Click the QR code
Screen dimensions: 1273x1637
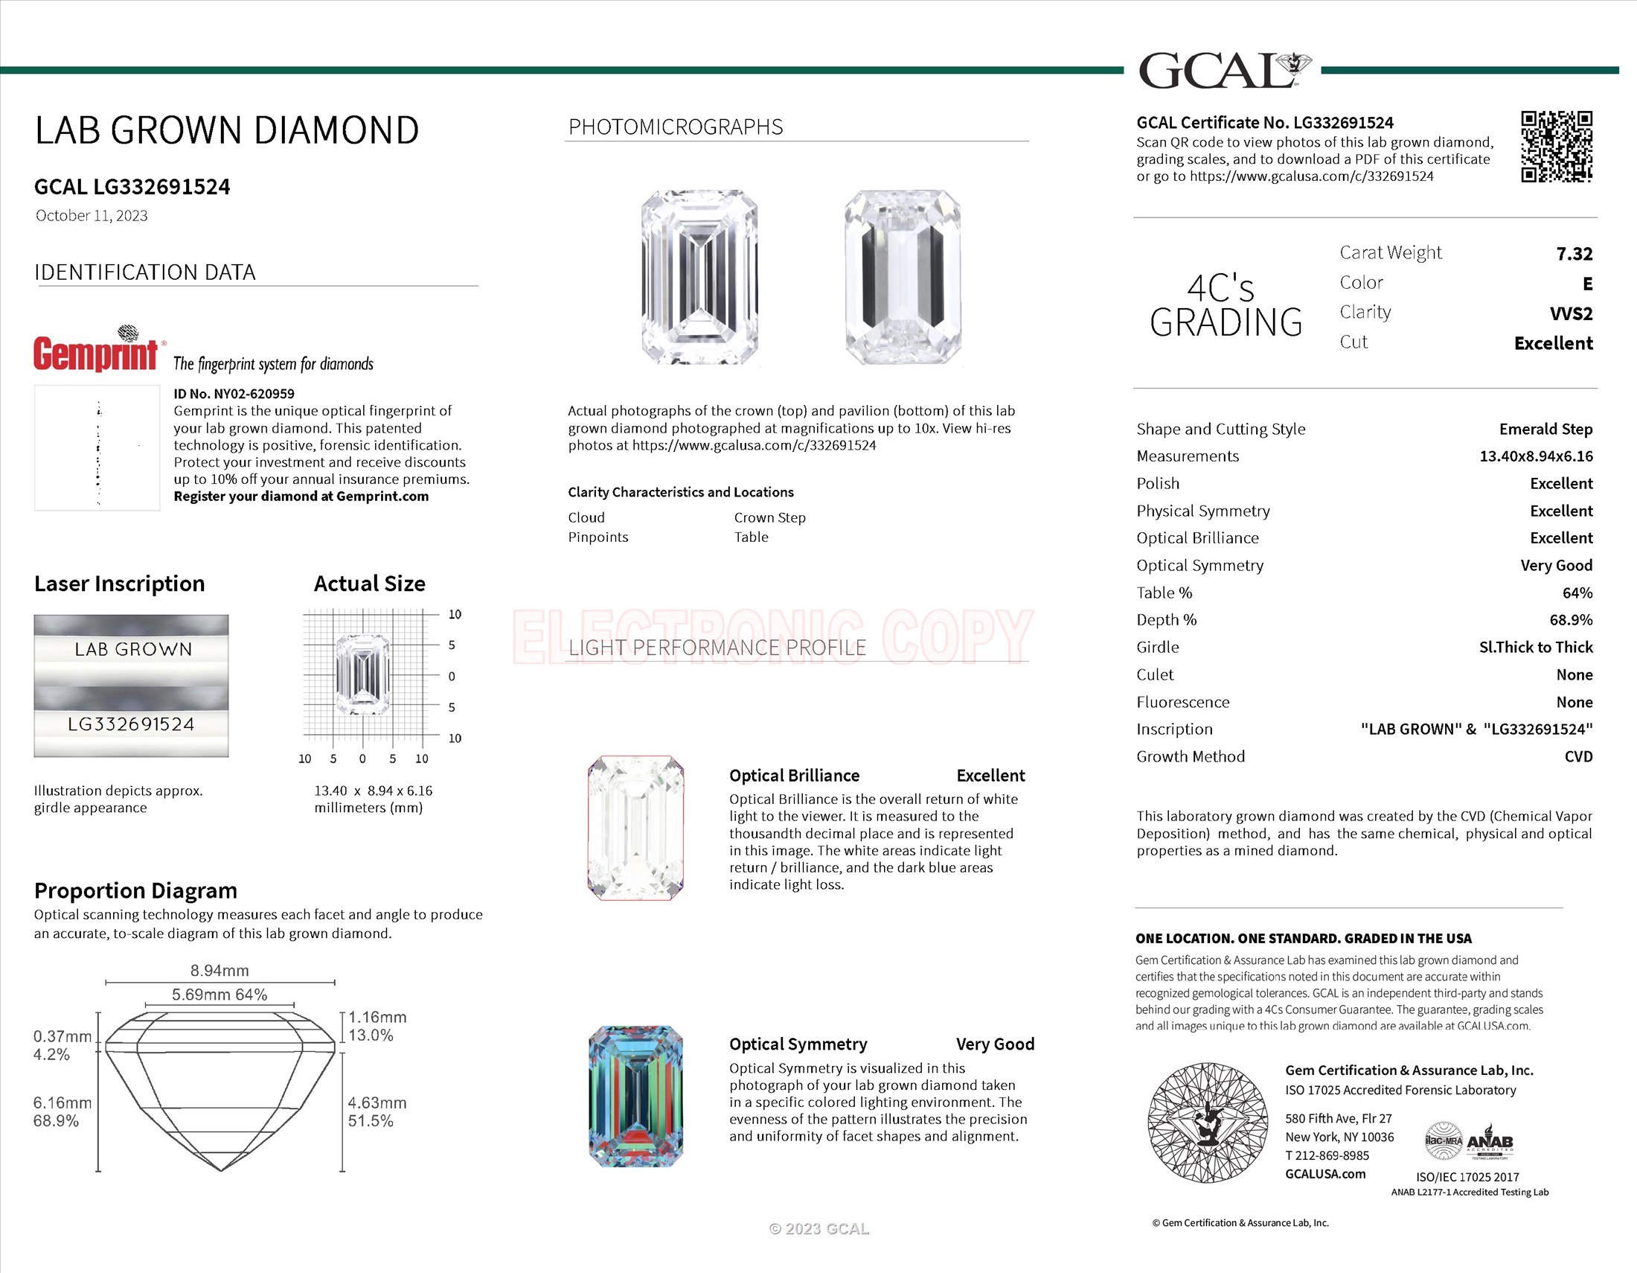click(x=1556, y=147)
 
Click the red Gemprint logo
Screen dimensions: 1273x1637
click(x=96, y=352)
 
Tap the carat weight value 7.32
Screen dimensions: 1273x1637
click(x=1574, y=254)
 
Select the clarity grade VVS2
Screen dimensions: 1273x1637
click(x=1570, y=313)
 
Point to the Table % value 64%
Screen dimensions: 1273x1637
click(x=1577, y=593)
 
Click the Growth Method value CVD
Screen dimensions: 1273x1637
click(x=1577, y=756)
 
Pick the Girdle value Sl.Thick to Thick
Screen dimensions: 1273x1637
click(x=1535, y=647)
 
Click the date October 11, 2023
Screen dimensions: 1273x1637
click(x=92, y=216)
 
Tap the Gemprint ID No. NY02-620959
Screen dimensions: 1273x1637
click(x=234, y=394)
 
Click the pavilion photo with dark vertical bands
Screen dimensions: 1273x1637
click(x=903, y=278)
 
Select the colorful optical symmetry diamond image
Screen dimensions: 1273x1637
click(x=635, y=1096)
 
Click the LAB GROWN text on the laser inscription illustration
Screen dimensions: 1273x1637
click(x=133, y=649)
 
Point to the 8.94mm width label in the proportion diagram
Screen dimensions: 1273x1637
click(x=220, y=970)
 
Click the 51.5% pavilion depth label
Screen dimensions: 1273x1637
click(x=371, y=1121)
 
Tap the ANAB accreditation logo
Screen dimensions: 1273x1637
click(x=1490, y=1142)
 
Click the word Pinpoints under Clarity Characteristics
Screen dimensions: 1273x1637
click(x=598, y=537)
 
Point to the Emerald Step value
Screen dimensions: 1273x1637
click(x=1545, y=429)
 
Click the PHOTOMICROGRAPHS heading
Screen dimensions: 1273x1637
click(x=676, y=127)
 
